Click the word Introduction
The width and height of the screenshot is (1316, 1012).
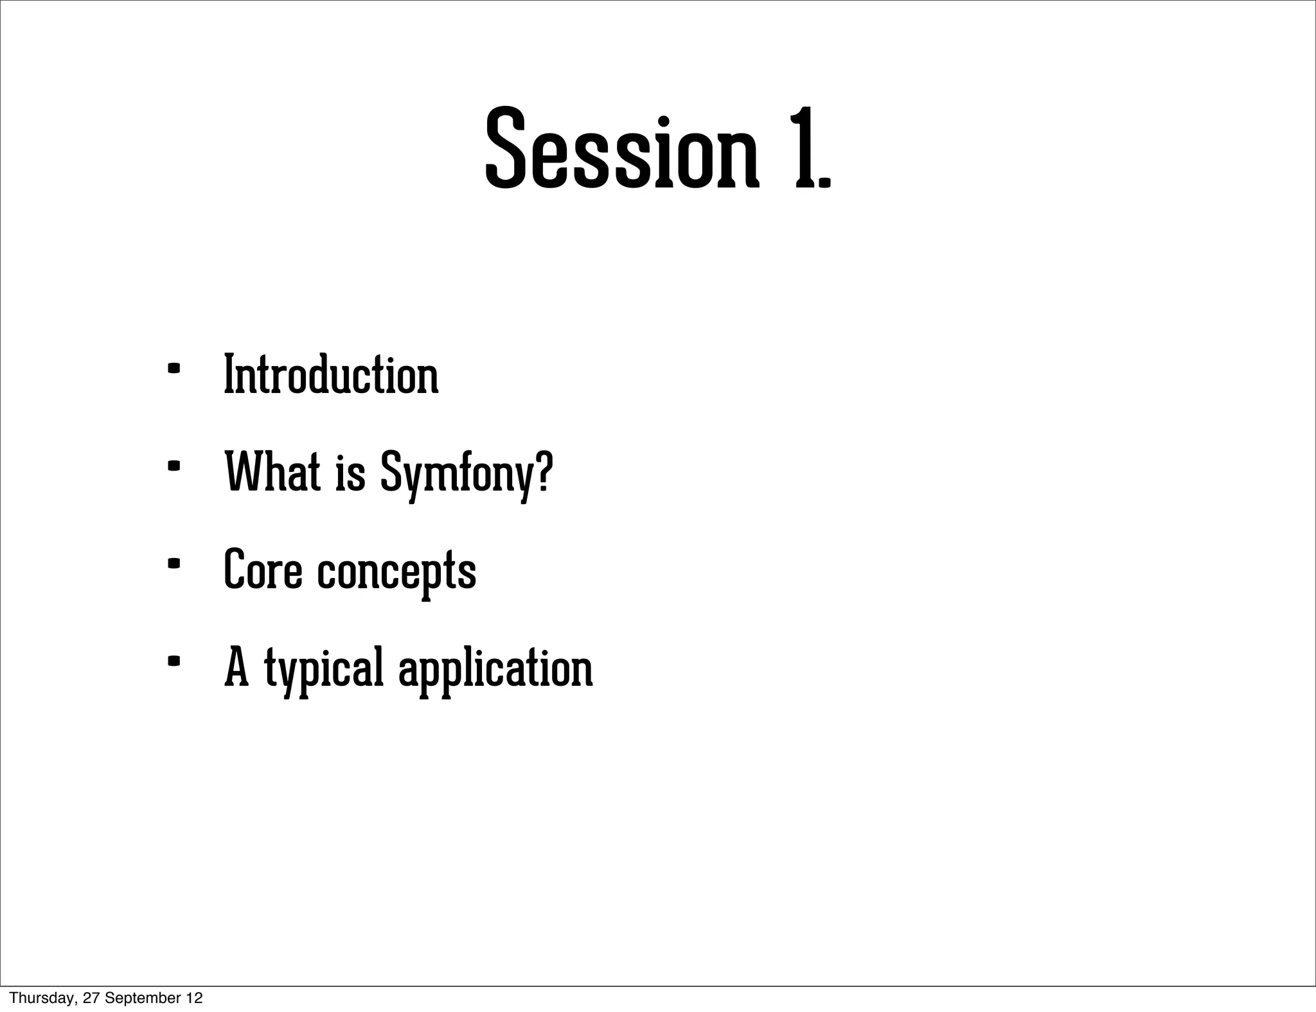point(331,375)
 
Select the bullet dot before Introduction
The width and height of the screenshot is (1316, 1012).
point(173,370)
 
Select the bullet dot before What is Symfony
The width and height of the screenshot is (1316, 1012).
point(173,467)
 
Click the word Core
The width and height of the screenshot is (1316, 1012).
point(262,570)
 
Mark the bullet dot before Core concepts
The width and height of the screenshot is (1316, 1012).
point(173,564)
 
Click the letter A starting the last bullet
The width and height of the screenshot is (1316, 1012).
point(236,668)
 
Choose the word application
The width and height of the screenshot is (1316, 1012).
point(495,671)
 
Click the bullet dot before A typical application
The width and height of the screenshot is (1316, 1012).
point(173,661)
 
